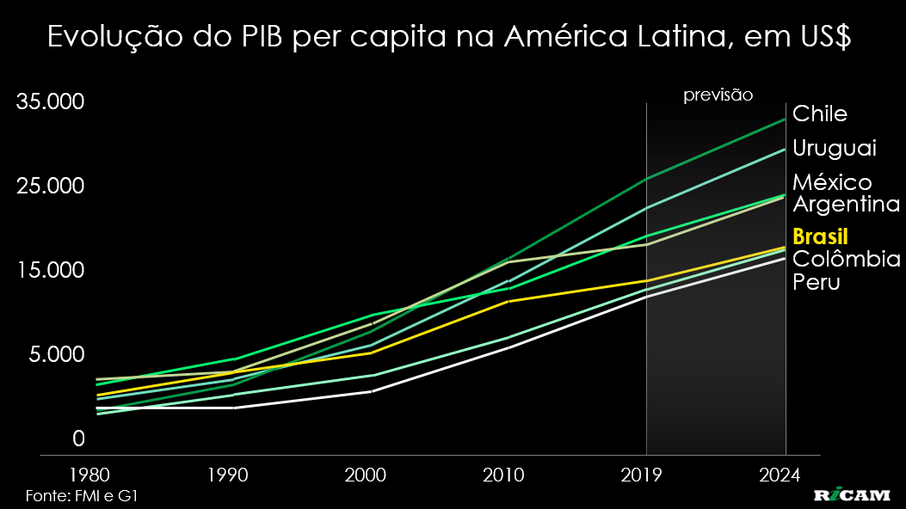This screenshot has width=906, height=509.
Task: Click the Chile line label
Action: click(820, 113)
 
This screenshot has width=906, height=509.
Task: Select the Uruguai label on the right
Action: click(834, 148)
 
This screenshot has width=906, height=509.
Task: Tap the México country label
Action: click(831, 182)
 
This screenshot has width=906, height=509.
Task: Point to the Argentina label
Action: click(846, 205)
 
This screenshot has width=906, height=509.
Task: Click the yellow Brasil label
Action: click(820, 237)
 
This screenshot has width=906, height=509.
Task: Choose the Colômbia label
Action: click(846, 260)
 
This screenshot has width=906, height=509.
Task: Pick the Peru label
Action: click(816, 282)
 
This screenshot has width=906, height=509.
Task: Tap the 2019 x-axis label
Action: click(646, 475)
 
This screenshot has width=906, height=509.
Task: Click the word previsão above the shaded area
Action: click(718, 95)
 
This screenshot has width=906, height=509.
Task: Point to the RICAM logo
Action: click(854, 496)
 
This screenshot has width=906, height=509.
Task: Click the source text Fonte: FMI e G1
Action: click(83, 496)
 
